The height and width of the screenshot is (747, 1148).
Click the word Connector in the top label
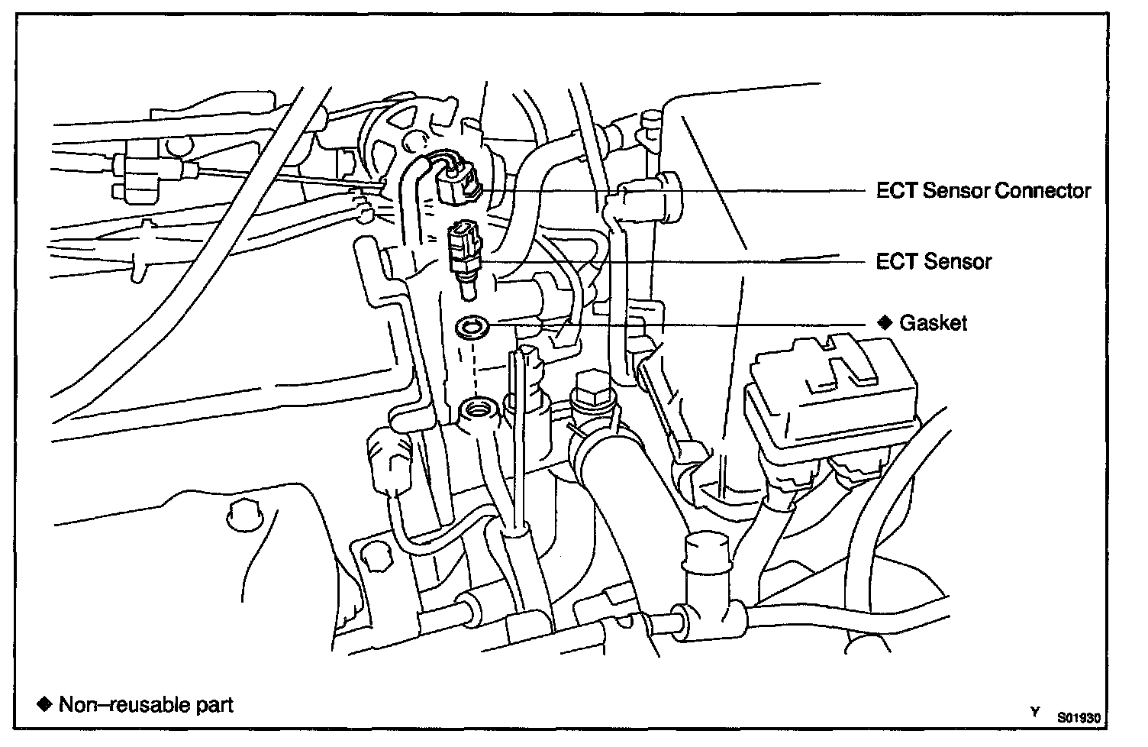pos(1043,190)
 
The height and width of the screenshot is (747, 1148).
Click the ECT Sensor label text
pos(934,262)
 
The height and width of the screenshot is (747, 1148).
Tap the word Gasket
pos(934,323)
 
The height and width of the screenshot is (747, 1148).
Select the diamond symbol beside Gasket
pos(885,322)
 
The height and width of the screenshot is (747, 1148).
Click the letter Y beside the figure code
pos(1035,712)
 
